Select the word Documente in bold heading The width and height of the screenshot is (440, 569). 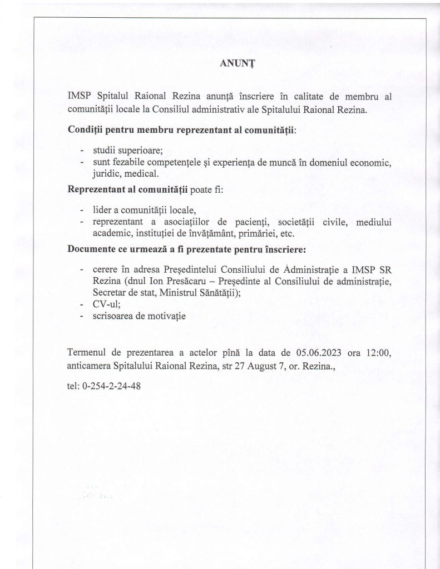coord(92,248)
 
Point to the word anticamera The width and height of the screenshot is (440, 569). coord(88,366)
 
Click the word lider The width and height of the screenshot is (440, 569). coord(102,211)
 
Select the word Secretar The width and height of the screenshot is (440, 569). coord(109,293)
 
